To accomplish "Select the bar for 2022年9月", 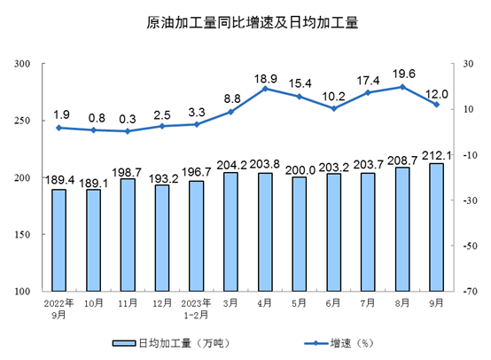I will tap(58, 239).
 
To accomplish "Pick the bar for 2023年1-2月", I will tap(197, 236).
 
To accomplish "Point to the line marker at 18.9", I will tap(265, 89).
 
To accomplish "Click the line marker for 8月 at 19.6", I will tap(402, 87).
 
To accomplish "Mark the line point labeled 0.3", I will tap(128, 131).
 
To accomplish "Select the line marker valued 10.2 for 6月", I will tap(334, 108).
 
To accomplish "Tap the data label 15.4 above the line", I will tap(300, 82).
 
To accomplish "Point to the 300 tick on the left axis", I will tap(24, 65).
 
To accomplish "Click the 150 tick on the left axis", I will tap(24, 235).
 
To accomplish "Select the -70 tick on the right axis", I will tap(467, 292).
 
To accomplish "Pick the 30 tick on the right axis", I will tap(465, 65).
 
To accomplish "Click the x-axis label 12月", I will tap(161, 301).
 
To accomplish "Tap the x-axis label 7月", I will tap(369, 301).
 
